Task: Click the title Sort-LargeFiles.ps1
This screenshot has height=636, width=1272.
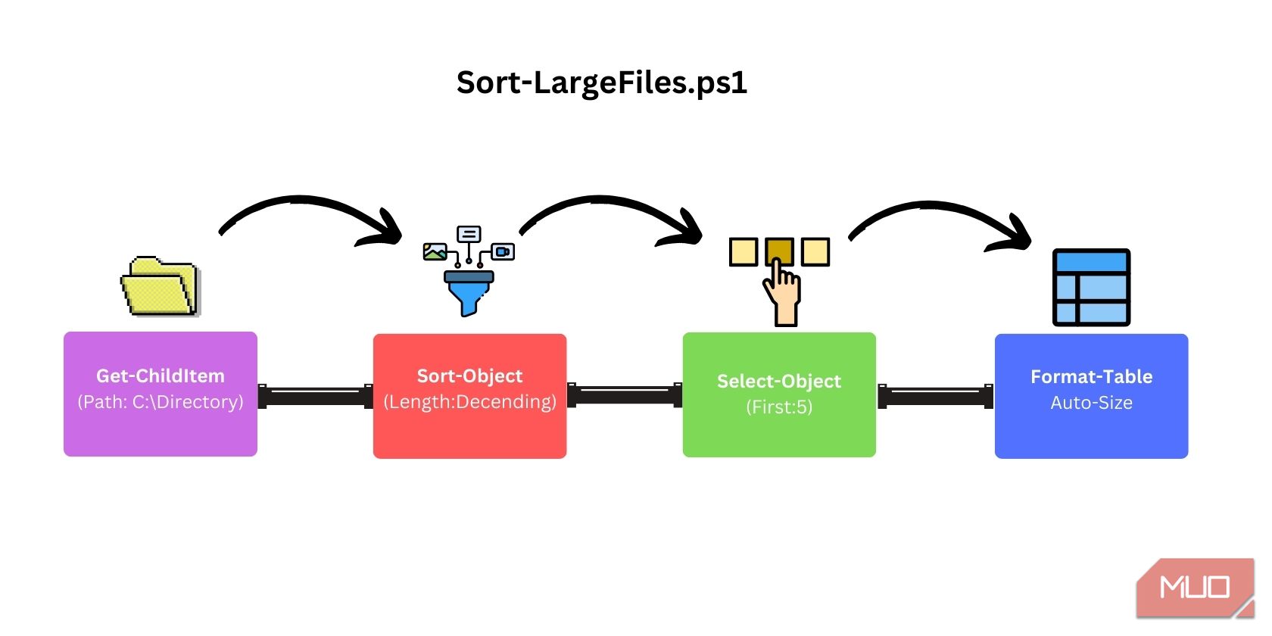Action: coord(602,83)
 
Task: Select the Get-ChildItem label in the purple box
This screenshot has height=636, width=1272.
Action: coord(161,376)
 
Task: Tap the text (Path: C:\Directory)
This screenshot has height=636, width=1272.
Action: coord(161,402)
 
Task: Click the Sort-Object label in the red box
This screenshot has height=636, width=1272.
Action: coord(469,376)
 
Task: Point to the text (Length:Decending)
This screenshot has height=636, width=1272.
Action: coord(469,402)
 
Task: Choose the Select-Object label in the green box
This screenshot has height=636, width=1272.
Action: coord(779,382)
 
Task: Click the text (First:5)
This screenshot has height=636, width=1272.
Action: coord(779,407)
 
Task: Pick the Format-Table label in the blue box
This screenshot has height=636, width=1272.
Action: coord(1091,377)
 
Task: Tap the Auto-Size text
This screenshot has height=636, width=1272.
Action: coord(1091,403)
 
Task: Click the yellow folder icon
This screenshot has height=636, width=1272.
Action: coord(160,286)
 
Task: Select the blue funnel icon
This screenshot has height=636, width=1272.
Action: coord(469,291)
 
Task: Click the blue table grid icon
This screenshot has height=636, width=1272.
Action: coord(1091,288)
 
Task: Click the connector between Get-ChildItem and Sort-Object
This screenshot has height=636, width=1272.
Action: coord(315,396)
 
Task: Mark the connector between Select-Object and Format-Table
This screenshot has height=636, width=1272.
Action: coord(935,396)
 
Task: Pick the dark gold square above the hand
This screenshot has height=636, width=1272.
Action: coord(779,251)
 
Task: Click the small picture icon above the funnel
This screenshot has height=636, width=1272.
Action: coord(435,251)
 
